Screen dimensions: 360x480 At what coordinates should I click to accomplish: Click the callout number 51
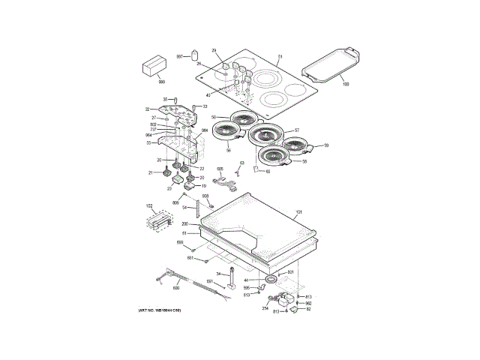(x=280, y=57)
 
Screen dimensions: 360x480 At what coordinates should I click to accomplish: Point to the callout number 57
(x=296, y=130)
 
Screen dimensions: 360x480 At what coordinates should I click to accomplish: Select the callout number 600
(x=176, y=288)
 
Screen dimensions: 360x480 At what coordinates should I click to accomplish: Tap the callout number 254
(x=265, y=307)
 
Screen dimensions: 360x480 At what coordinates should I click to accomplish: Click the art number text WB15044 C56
(x=160, y=311)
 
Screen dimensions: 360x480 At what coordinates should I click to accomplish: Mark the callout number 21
(x=150, y=172)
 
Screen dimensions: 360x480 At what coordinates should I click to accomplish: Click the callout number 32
(x=148, y=109)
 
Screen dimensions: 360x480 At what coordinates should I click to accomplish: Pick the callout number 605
(x=220, y=169)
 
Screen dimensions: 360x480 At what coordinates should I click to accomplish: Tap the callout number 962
(x=308, y=303)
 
